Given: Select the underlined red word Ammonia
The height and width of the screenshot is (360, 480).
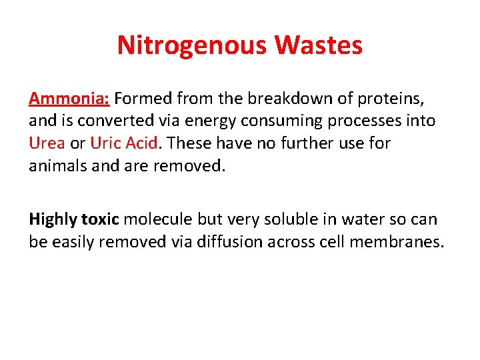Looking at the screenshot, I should tap(69, 99).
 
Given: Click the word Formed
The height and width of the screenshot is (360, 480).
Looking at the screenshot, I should tap(145, 99).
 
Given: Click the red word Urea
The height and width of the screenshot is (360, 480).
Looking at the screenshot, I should tap(47, 143).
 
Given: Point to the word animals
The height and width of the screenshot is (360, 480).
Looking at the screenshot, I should tap(56, 165).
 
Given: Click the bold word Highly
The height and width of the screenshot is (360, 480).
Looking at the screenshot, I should tap(53, 219).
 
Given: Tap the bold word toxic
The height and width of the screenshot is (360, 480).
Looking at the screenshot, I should tap(100, 219).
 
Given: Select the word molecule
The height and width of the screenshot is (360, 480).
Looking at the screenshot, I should tap(157, 219).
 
